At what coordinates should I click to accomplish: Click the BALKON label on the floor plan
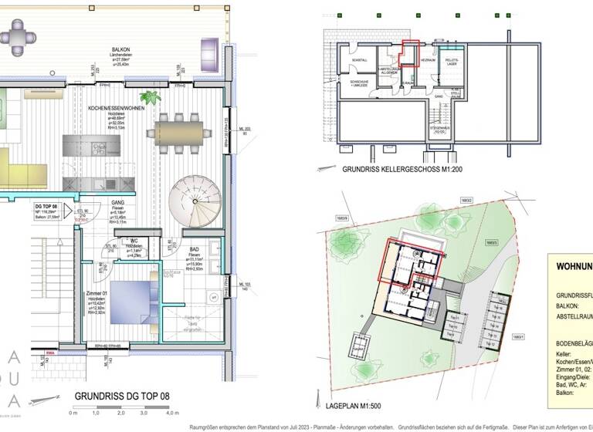[119, 49]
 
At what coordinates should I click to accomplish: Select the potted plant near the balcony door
[149, 98]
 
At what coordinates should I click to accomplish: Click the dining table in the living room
[179, 129]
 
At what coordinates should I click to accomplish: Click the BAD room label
[195, 250]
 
